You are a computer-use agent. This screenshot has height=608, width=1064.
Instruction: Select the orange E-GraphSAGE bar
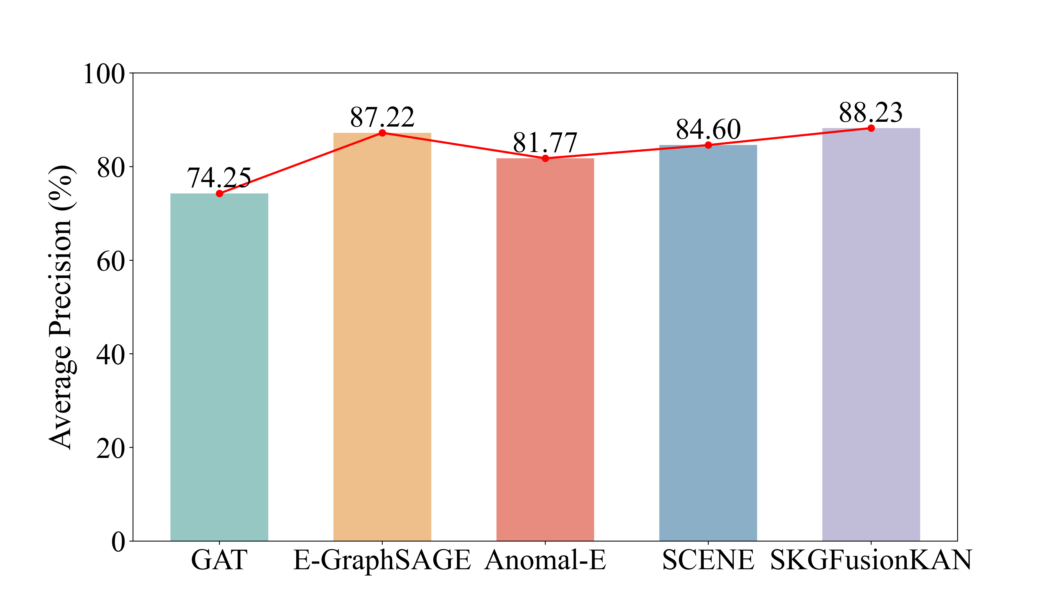click(382, 337)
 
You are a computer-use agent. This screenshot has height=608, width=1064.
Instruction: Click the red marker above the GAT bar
click(219, 193)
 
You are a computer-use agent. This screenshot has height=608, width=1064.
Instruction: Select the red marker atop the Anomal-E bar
click(545, 158)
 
